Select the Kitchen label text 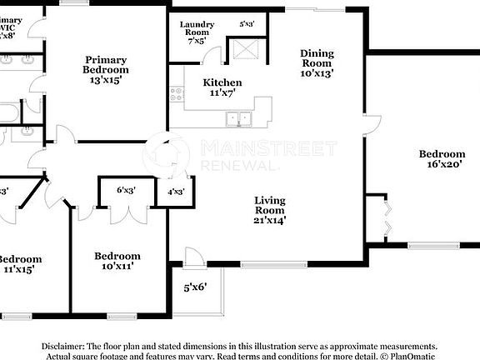(x=222, y=87)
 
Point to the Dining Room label (x=317, y=62)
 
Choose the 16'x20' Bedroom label (x=442, y=159)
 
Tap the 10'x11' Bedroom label (x=117, y=261)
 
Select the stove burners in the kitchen (x=177, y=95)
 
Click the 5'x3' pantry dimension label (x=247, y=25)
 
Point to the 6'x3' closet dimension (x=126, y=191)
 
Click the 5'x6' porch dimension (x=195, y=287)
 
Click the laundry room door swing (x=214, y=56)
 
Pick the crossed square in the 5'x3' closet (x=246, y=51)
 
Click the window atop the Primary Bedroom (x=74, y=3)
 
